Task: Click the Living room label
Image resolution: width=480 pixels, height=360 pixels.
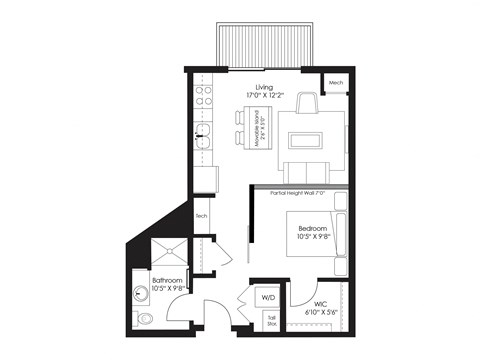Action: (265, 88)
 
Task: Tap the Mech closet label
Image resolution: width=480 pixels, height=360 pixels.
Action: (336, 81)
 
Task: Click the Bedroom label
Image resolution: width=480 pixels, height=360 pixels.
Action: (312, 229)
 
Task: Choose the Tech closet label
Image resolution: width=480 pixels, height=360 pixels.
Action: (201, 216)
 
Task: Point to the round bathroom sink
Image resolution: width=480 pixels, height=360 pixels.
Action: (141, 295)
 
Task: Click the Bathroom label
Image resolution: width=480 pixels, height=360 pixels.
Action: (167, 280)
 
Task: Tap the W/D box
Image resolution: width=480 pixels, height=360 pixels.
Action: (268, 297)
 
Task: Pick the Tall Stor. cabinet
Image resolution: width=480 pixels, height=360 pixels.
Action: (270, 319)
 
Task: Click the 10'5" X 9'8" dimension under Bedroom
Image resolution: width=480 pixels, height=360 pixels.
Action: (312, 238)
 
